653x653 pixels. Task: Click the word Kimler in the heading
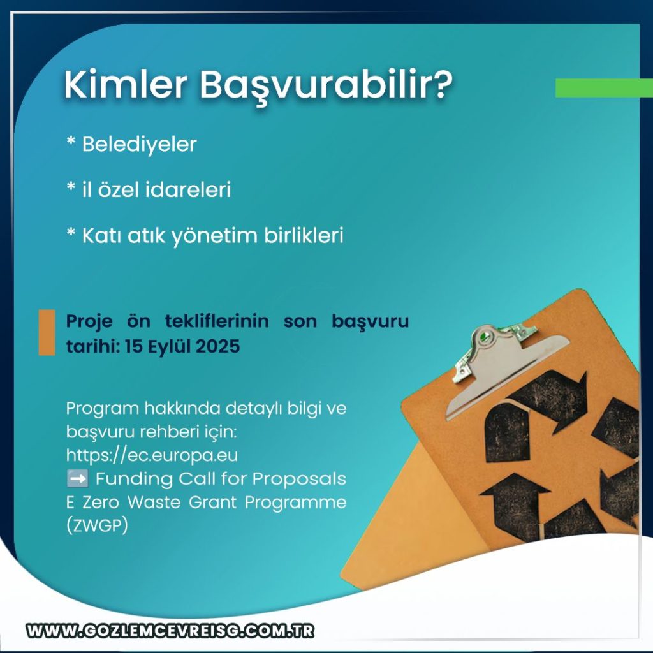click(126, 85)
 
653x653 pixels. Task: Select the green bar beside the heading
click(604, 88)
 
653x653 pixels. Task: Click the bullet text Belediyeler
click(139, 145)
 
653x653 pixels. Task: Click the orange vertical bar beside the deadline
click(47, 332)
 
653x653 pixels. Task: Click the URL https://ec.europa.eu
click(152, 455)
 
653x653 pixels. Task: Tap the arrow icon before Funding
click(77, 478)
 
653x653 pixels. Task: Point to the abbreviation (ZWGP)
click(97, 525)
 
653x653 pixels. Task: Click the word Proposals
click(299, 479)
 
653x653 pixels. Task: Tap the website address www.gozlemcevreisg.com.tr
click(170, 631)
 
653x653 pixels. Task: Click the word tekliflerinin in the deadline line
click(217, 321)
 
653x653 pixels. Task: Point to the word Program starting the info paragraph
click(103, 409)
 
